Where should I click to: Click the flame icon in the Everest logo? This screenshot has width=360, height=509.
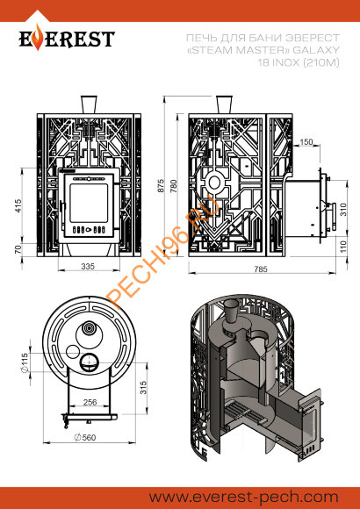[x=39, y=38]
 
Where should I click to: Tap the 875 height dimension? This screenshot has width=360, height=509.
[x=162, y=185]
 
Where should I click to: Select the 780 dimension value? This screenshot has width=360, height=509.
[x=174, y=186]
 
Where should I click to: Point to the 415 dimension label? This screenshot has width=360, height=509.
[x=18, y=205]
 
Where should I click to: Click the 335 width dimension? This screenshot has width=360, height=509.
[x=88, y=266]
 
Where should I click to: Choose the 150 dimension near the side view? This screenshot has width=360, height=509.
[x=306, y=142]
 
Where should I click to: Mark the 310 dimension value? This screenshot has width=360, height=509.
[x=343, y=210]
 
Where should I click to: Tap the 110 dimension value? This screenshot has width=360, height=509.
[x=343, y=247]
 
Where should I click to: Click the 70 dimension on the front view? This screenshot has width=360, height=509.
[x=18, y=249]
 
